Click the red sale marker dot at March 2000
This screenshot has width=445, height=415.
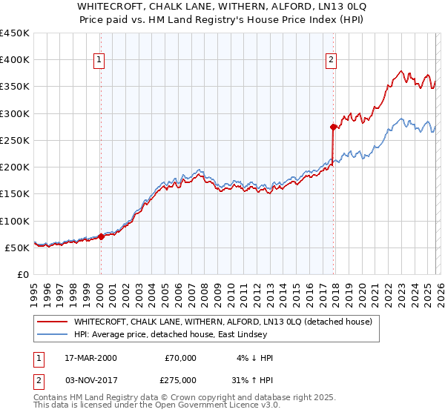[x=101, y=237]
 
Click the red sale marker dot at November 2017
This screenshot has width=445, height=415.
[x=333, y=127]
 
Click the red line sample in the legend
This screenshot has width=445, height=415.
[x=53, y=322]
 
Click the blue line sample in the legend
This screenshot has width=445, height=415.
[x=53, y=334]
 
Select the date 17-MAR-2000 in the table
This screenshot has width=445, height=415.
[x=90, y=358]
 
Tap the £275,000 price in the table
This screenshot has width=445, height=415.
[x=180, y=379]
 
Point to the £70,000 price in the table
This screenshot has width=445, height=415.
[x=180, y=358]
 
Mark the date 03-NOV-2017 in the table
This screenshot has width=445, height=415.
[x=90, y=379]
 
